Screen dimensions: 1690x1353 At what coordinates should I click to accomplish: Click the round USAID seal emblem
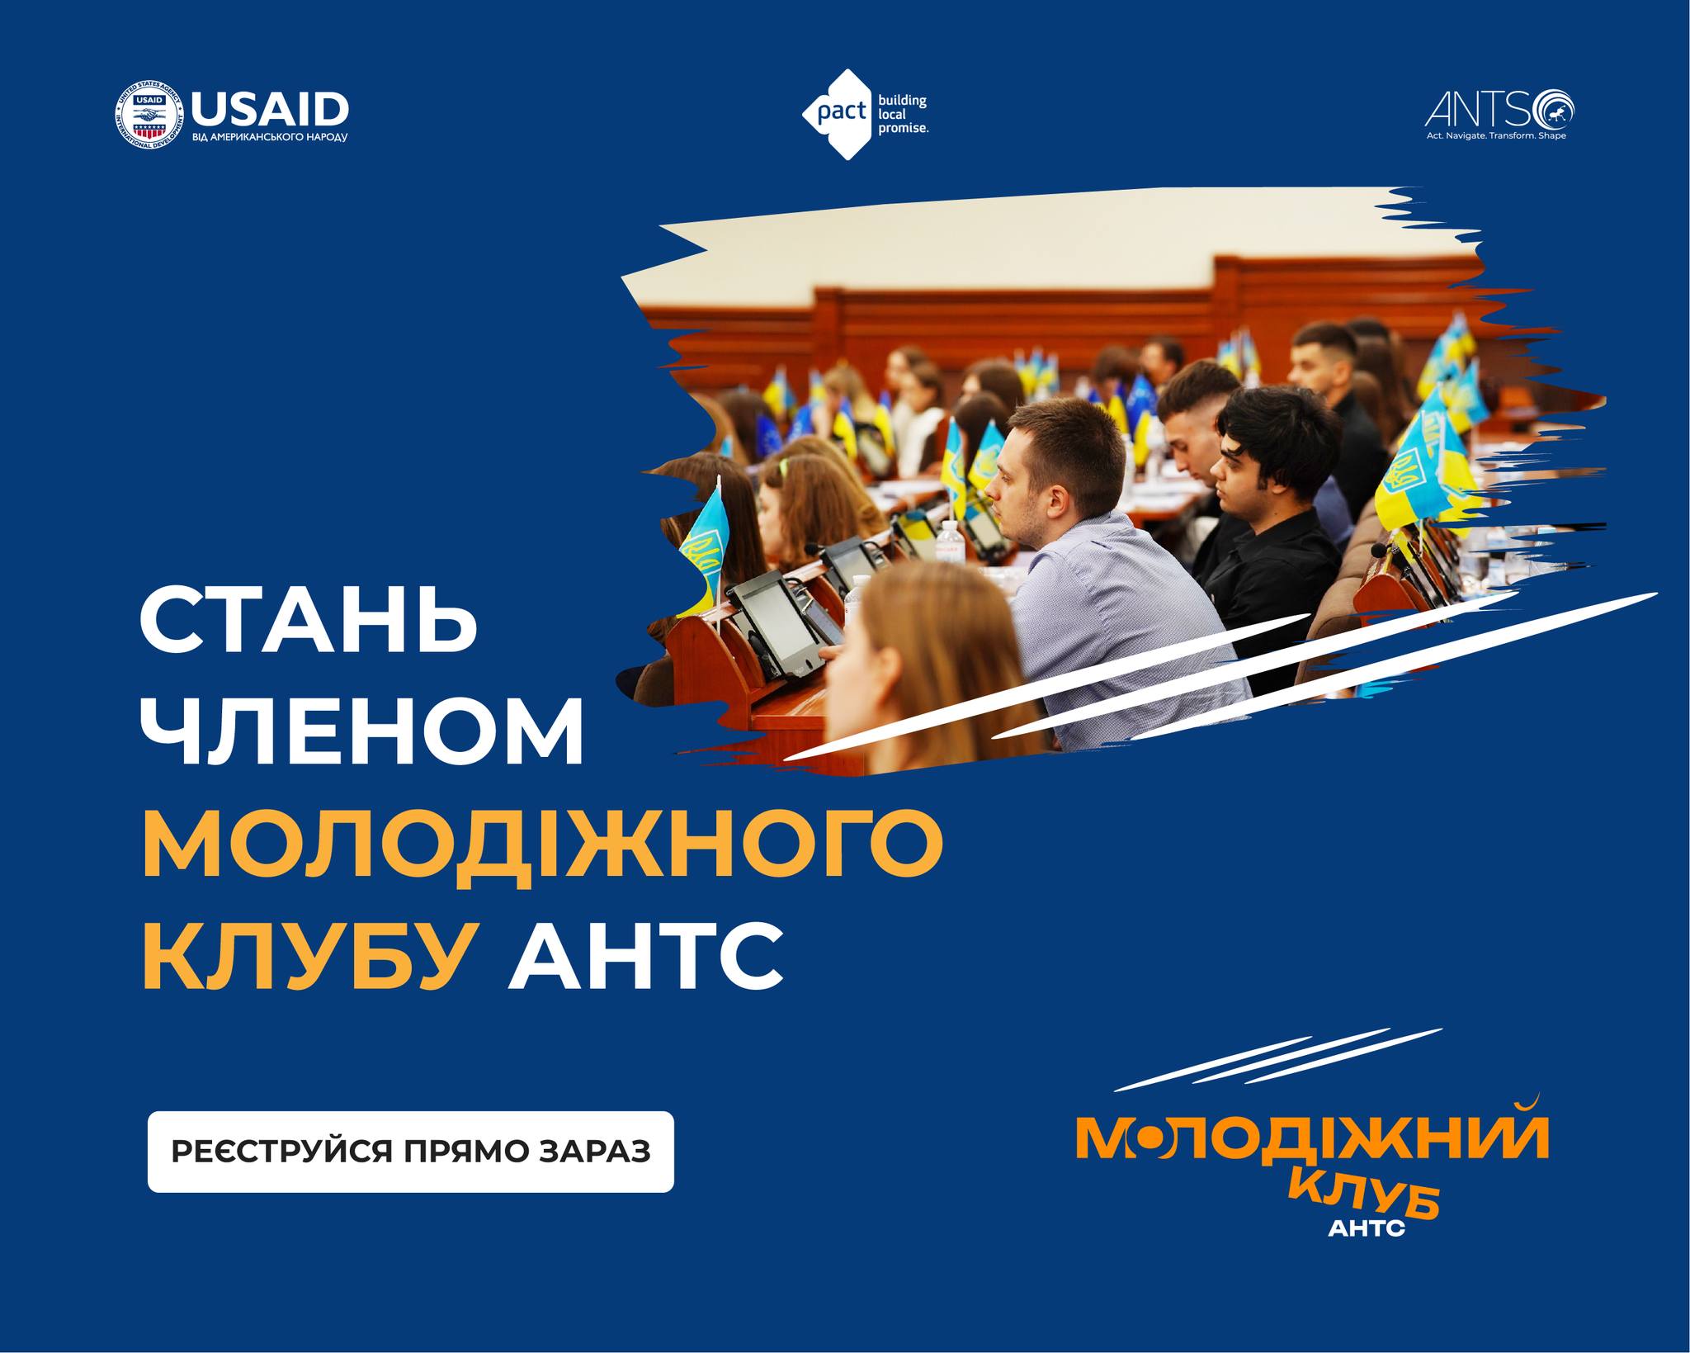149,116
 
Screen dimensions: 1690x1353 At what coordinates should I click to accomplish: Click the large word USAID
270,108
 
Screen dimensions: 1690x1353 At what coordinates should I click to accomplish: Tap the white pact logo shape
838,114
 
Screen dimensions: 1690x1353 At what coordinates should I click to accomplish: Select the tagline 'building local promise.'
903,114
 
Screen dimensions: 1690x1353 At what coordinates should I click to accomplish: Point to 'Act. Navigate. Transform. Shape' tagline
1496,135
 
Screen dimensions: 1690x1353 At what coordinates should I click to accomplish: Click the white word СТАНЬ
309,620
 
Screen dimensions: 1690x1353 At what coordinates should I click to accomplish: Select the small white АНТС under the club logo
1367,1228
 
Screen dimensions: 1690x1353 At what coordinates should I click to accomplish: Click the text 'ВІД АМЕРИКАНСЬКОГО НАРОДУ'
270,137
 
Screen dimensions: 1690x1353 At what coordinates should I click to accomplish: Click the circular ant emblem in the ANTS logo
1554,110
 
